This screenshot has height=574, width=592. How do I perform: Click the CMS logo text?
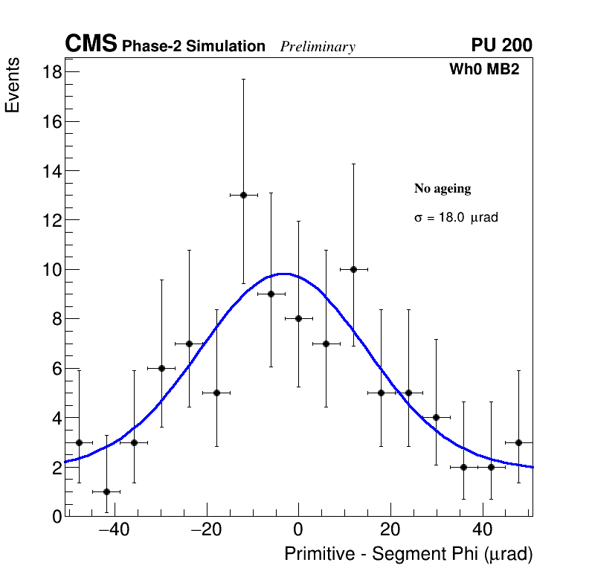pos(91,45)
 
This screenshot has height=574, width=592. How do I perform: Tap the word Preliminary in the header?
pos(318,47)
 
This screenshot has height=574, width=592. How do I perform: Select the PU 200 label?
pos(501,45)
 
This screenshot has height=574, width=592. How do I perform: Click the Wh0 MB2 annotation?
pos(483,70)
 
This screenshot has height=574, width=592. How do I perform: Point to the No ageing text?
pos(443,189)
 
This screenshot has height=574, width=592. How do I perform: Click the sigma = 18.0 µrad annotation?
pos(455,218)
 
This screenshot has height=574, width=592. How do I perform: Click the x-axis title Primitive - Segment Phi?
pos(408,554)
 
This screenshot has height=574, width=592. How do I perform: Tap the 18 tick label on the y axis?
pos(52,72)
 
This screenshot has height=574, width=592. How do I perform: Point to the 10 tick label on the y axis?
pos(52,269)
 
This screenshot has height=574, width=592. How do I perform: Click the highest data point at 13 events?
pos(243,195)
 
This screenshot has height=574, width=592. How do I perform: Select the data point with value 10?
pos(353,269)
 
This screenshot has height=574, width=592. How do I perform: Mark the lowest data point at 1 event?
pos(106,491)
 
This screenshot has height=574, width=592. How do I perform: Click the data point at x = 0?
pos(298,318)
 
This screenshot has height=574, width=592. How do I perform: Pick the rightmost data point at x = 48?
pos(518,442)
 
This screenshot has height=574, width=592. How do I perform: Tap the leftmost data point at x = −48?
pos(79,442)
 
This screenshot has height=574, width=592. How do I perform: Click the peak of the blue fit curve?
pos(284,274)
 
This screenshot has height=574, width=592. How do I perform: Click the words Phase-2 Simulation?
pos(193,47)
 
